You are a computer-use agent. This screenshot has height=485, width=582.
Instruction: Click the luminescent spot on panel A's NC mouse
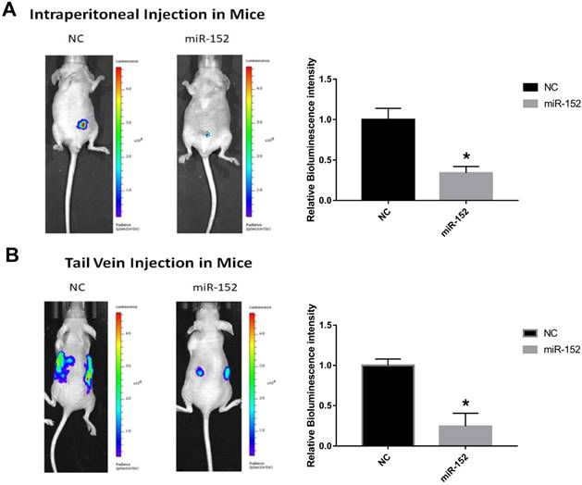click(x=82, y=122)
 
